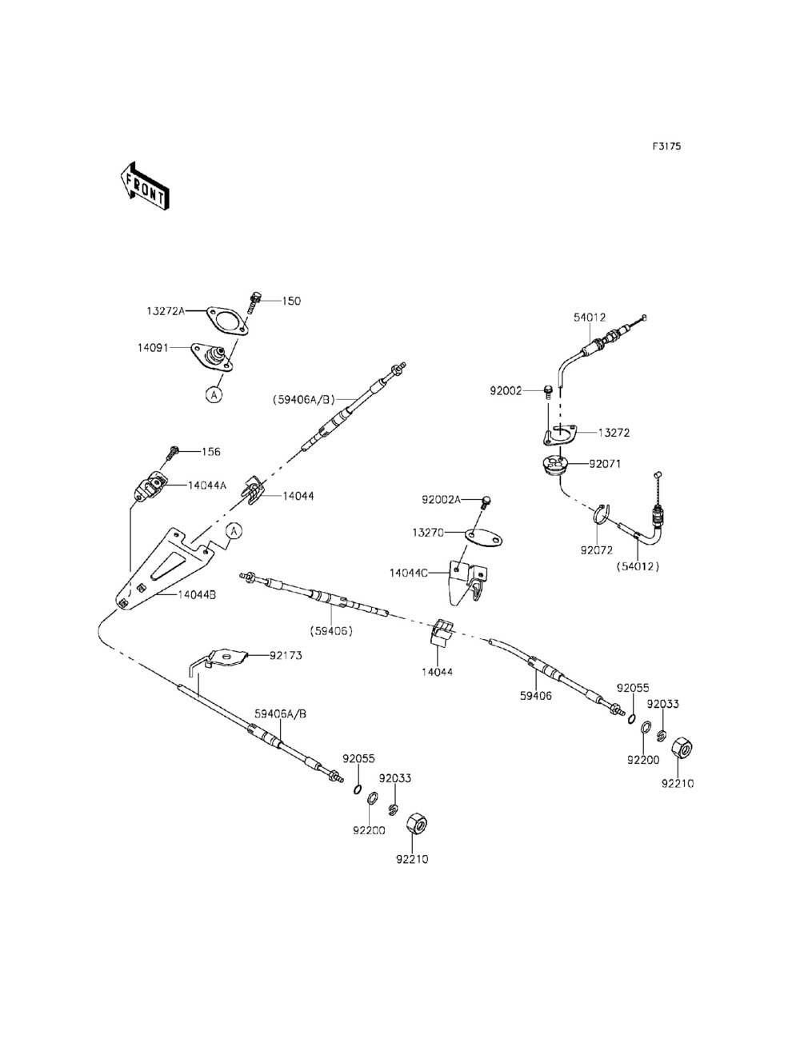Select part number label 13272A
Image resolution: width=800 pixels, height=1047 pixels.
coord(165,310)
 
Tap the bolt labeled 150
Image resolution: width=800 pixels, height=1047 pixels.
coord(254,302)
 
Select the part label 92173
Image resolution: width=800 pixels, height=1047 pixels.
coord(286,655)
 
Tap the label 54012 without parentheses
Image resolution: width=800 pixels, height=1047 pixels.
coord(589,318)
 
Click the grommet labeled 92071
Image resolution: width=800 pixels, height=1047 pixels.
coord(554,465)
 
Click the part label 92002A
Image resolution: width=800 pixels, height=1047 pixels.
coord(441,500)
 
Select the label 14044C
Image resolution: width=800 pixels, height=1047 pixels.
coord(409,573)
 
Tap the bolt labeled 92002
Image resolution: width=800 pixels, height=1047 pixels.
coord(549,391)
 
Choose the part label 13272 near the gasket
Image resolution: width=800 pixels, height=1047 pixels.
coord(614,433)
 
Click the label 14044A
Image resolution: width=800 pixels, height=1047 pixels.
coord(207,485)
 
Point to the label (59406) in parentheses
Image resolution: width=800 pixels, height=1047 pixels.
coord(330,629)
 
